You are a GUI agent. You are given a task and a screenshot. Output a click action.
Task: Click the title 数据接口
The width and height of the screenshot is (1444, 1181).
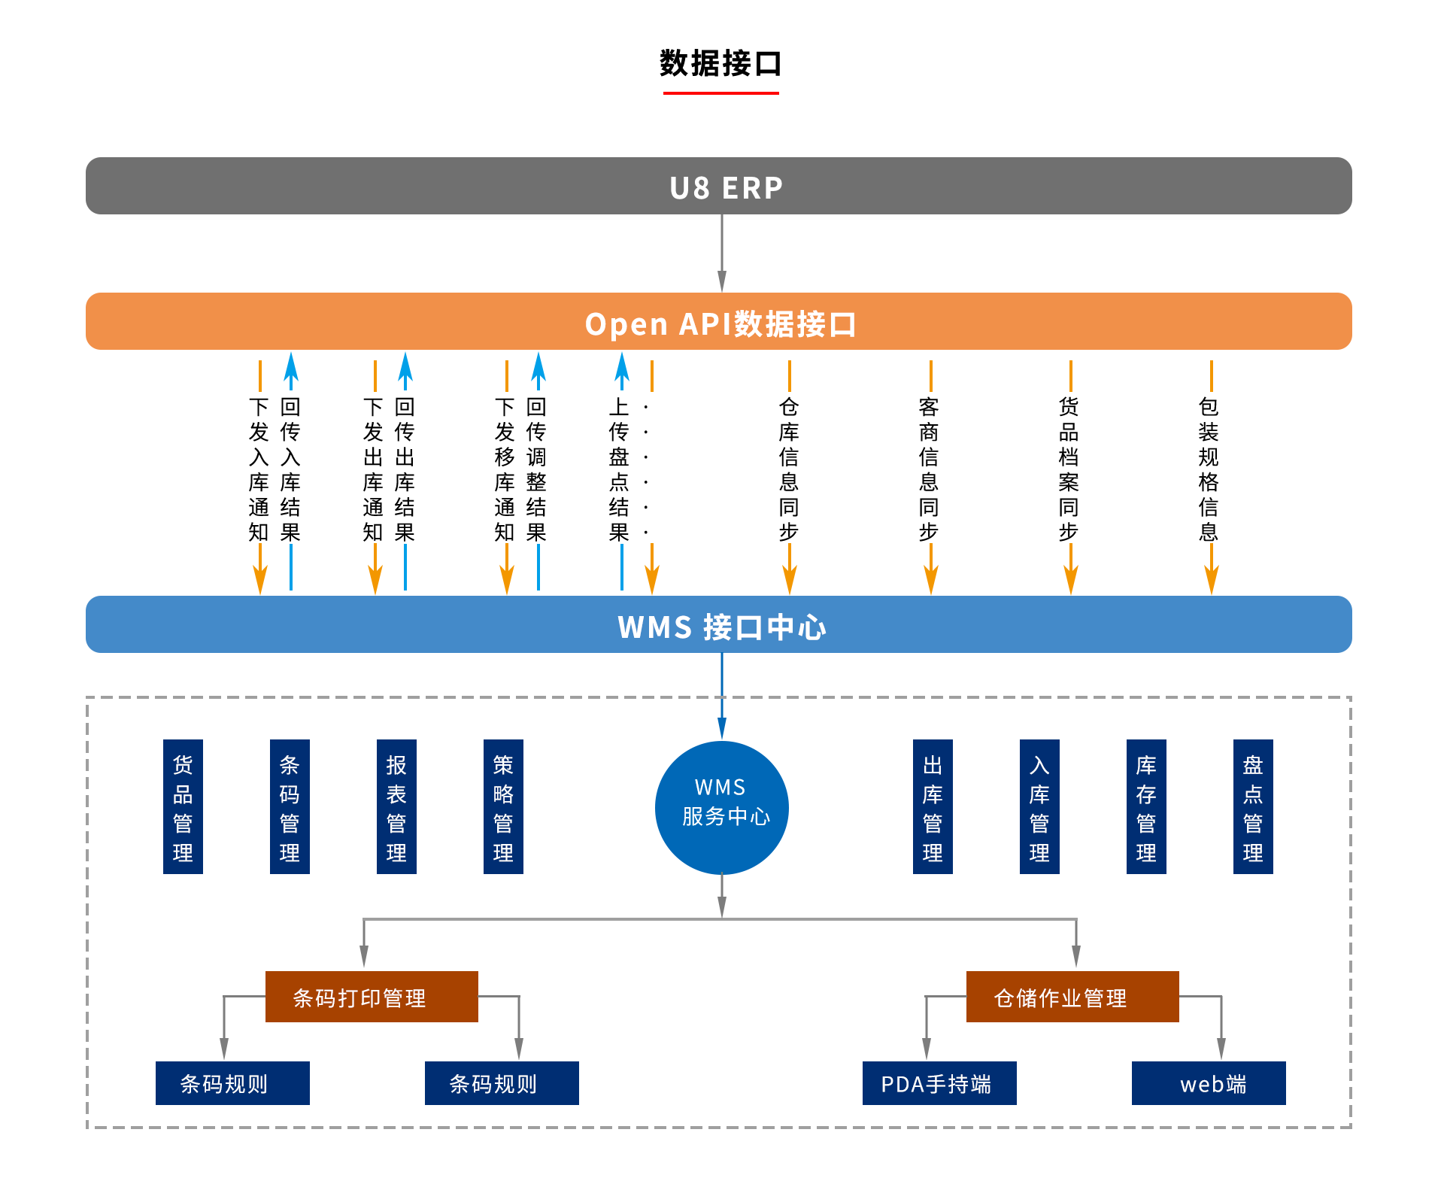pyautogui.click(x=720, y=63)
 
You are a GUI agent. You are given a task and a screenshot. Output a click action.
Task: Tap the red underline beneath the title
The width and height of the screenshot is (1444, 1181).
pyautogui.click(x=720, y=93)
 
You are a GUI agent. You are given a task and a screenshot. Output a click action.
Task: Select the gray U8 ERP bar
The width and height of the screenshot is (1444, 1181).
pyautogui.click(x=718, y=186)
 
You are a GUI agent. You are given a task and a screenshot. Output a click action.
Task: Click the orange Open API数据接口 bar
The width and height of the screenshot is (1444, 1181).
pyautogui.click(x=718, y=321)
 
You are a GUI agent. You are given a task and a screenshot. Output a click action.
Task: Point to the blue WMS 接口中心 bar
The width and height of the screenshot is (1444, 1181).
pyautogui.click(x=718, y=624)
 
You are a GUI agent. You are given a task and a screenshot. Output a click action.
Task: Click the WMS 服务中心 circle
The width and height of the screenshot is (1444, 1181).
pyautogui.click(x=722, y=807)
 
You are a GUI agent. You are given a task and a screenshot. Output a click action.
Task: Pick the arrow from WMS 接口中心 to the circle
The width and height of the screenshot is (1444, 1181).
pyautogui.click(x=722, y=697)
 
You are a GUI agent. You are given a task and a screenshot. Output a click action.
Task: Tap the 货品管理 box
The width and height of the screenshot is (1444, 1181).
pyautogui.click(x=183, y=806)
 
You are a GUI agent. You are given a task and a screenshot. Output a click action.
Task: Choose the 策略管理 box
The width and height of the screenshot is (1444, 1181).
pyautogui.click(x=503, y=806)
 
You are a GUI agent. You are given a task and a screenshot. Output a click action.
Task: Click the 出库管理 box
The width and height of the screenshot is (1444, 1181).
pyautogui.click(x=933, y=806)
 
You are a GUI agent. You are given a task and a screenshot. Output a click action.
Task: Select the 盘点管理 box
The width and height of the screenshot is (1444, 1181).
pyautogui.click(x=1253, y=806)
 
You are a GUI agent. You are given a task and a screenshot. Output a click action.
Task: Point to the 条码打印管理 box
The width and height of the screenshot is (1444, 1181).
pyautogui.click(x=372, y=997)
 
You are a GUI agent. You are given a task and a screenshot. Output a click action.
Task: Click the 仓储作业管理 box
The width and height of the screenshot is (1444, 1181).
pyautogui.click(x=1072, y=997)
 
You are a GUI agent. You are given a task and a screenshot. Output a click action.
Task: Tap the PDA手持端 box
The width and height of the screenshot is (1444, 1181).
pyautogui.click(x=939, y=1083)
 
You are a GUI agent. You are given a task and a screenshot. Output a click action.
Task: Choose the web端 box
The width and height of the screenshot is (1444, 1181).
pyautogui.click(x=1209, y=1083)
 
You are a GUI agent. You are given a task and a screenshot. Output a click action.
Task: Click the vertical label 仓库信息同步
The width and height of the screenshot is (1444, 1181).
pyautogui.click(x=789, y=469)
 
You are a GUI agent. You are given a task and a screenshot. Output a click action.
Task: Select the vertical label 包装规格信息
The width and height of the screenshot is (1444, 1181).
pyautogui.click(x=1209, y=469)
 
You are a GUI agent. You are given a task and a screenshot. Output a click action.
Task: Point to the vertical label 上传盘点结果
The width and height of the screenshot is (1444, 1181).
pyautogui.click(x=619, y=469)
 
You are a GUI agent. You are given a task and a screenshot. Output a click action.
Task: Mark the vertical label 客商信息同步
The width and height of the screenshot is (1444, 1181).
pyautogui.click(x=929, y=469)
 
